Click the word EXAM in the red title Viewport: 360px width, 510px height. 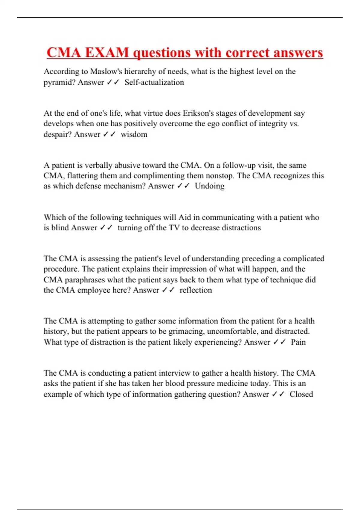[x=106, y=53]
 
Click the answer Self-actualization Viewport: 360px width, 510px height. [x=154, y=82]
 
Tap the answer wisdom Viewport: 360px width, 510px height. [x=134, y=134]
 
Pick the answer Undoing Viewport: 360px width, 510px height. [x=209, y=186]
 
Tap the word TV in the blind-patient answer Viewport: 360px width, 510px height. [x=174, y=228]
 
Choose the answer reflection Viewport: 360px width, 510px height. [x=196, y=290]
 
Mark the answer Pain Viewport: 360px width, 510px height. [x=298, y=342]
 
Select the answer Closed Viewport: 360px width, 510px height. [x=301, y=394]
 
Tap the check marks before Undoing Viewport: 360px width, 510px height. [x=183, y=186]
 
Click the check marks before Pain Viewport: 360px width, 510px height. [x=279, y=342]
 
